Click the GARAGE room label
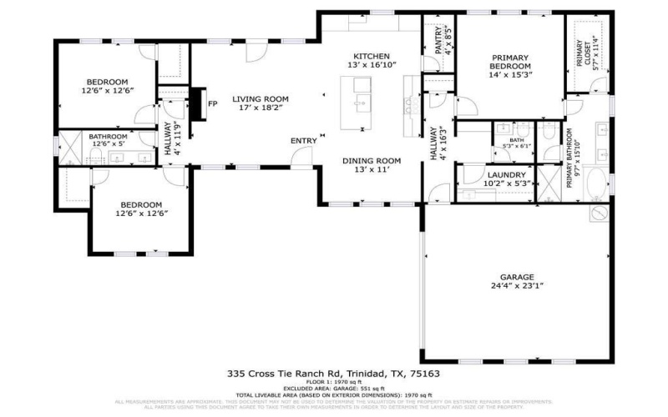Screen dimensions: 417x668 tap(517, 277)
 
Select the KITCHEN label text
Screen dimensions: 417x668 tap(372, 56)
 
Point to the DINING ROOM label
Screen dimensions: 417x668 tap(372, 161)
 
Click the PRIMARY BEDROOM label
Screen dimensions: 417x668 tap(509, 61)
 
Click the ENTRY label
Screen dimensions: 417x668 tap(303, 141)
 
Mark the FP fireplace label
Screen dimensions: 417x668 tap(213, 104)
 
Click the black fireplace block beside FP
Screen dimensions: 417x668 tap(197, 103)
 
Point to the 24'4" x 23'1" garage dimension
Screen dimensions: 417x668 tap(517, 286)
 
